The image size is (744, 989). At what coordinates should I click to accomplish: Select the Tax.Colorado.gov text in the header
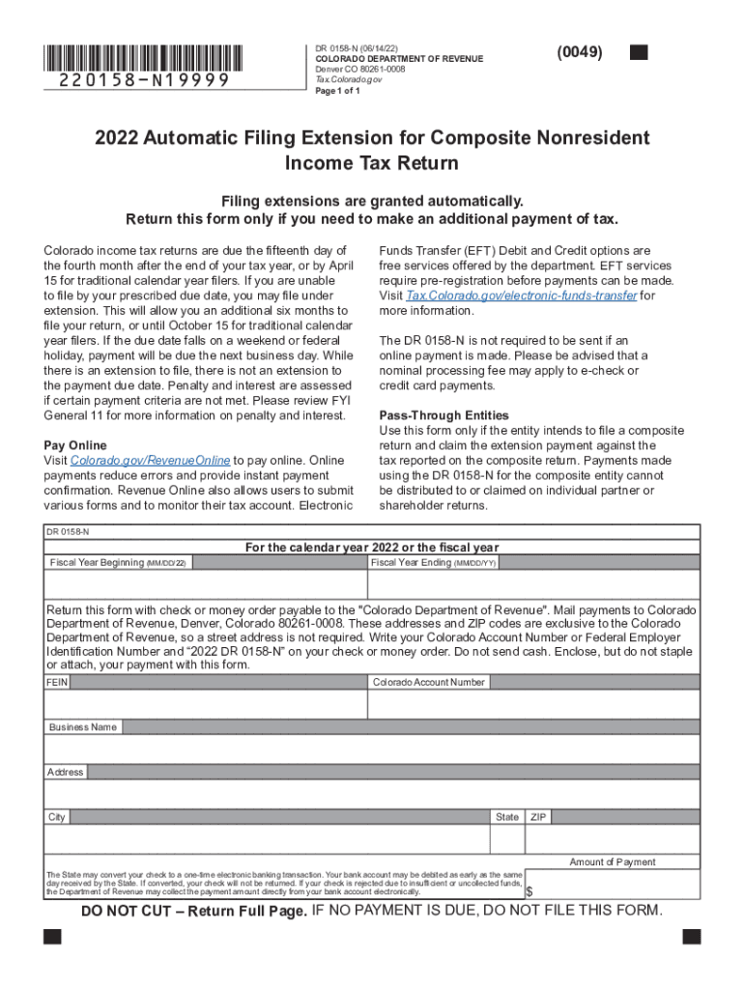click(x=349, y=80)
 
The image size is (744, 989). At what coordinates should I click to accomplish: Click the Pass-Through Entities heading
click(x=438, y=414)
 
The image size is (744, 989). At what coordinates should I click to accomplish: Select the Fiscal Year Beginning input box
click(x=205, y=584)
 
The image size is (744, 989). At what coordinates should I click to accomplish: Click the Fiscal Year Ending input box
click(x=533, y=584)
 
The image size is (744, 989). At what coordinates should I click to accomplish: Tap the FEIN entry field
click(x=205, y=704)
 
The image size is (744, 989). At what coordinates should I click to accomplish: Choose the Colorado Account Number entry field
click(x=533, y=704)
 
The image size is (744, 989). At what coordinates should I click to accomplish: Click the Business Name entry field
click(x=372, y=749)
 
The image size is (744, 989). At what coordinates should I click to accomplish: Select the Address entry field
click(x=372, y=794)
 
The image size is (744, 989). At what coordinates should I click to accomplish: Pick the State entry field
click(x=507, y=839)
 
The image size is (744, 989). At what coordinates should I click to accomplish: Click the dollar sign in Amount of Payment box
click(x=529, y=890)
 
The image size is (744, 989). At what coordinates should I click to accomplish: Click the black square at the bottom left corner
click(x=52, y=937)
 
